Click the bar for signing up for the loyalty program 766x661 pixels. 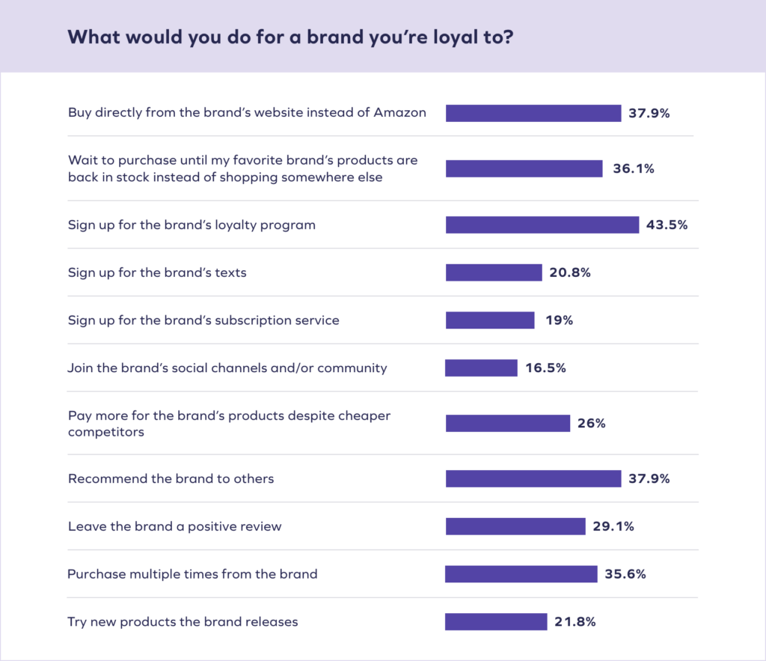point(542,225)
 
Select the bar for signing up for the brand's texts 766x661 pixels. point(494,272)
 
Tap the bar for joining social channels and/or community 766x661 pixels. point(481,368)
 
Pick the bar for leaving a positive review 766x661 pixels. point(515,526)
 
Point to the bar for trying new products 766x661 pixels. point(496,621)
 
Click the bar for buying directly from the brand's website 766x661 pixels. point(533,113)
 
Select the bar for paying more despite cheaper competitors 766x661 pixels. point(508,423)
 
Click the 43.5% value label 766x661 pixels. point(667,225)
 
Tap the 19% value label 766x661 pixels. point(558,320)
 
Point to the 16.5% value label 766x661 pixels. point(545,368)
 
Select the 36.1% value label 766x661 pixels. point(633,169)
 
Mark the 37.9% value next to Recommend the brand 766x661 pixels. point(649,478)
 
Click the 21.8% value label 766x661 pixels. point(575,622)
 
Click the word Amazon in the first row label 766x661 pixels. point(402,113)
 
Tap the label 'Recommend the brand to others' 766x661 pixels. point(171,478)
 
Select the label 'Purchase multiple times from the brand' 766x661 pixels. point(192,574)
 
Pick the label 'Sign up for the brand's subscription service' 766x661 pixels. point(203,320)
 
